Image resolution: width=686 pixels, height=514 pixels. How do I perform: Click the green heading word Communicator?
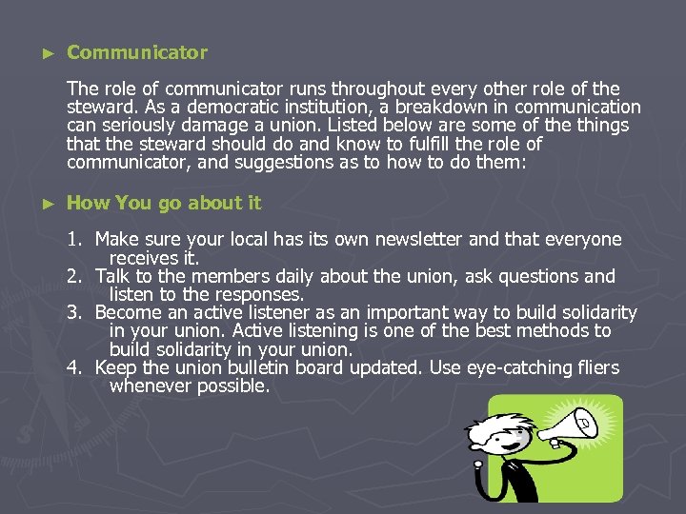click(136, 52)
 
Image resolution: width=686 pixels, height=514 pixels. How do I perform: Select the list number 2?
click(75, 276)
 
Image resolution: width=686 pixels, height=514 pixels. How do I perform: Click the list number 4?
click(75, 367)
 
